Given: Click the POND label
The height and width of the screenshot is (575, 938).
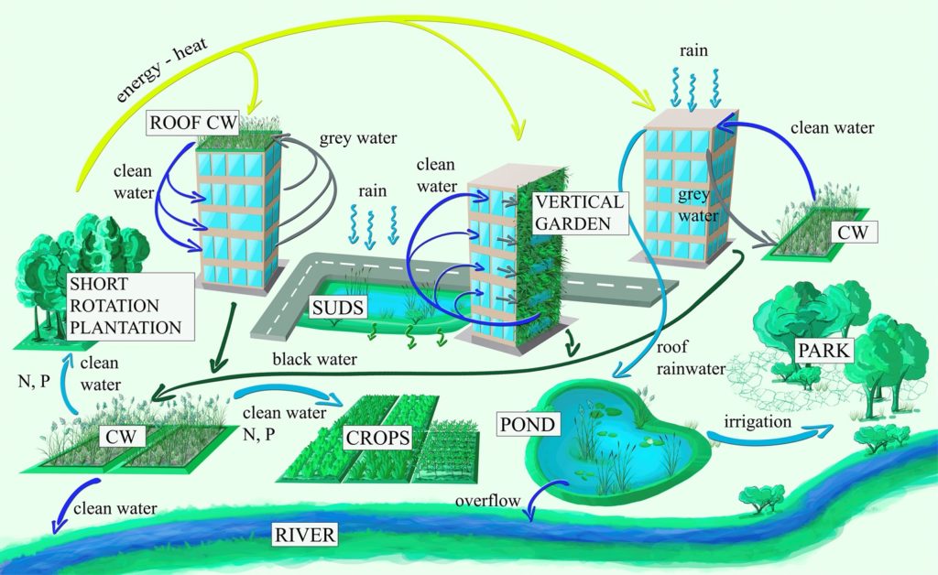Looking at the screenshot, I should click(527, 425).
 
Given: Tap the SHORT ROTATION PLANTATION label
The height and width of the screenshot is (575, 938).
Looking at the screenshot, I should click(127, 305).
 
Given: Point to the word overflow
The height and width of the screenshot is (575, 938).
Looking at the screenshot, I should click(489, 501).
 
